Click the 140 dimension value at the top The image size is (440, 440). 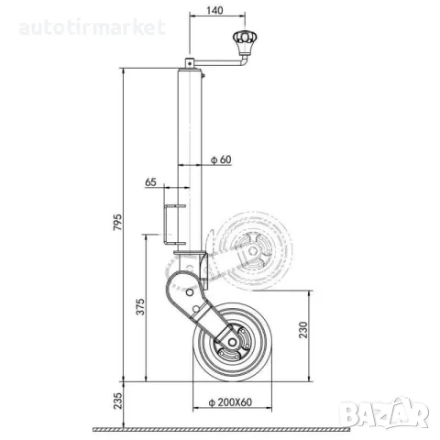click(214, 10)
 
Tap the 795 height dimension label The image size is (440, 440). click(117, 222)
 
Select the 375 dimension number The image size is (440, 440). click(140, 306)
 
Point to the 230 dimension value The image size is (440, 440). click(303, 330)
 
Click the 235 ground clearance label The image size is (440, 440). click(117, 401)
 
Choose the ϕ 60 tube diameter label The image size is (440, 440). click(222, 159)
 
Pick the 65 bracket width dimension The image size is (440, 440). click(150, 182)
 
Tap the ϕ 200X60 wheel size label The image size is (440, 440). click(230, 402)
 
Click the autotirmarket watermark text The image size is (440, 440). click(93, 27)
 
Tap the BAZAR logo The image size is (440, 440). click(385, 412)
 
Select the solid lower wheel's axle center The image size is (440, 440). click(232, 342)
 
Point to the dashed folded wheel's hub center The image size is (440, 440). click(253, 251)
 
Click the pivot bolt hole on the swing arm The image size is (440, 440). click(190, 292)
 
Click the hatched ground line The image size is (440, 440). click(222, 430)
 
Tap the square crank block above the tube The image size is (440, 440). click(190, 63)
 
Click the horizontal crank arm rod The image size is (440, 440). click(217, 63)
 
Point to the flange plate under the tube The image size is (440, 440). click(189, 253)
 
